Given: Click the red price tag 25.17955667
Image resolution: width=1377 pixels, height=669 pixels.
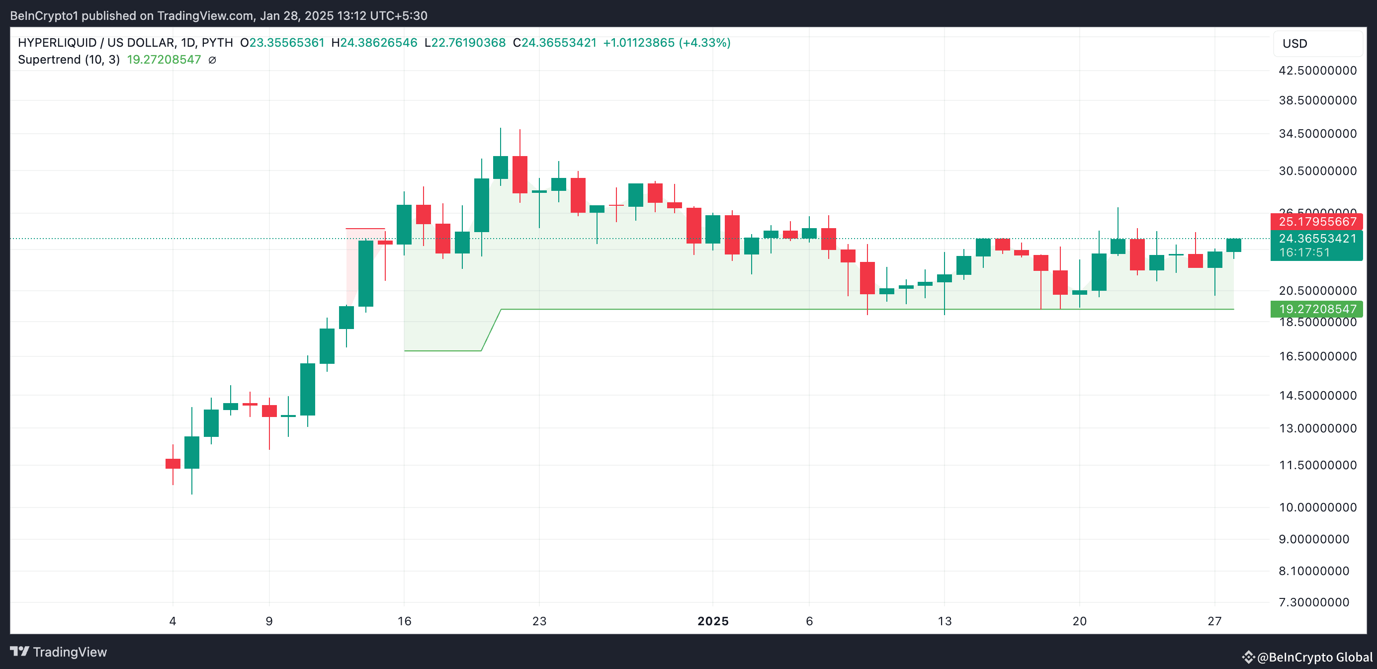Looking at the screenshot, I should pyautogui.click(x=1316, y=221).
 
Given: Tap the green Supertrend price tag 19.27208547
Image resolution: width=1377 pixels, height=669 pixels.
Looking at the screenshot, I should pyautogui.click(x=1316, y=309).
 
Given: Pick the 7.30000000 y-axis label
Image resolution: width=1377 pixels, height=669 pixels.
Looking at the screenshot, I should pyautogui.click(x=1313, y=602).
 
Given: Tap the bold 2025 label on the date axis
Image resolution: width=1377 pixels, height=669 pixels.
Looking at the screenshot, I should pyautogui.click(x=713, y=621).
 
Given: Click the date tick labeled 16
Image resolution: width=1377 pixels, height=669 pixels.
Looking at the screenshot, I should pyautogui.click(x=404, y=621).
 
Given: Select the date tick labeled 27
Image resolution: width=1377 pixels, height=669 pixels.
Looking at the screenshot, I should pyautogui.click(x=1214, y=621).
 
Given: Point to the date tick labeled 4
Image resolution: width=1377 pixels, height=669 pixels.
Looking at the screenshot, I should pyautogui.click(x=172, y=621).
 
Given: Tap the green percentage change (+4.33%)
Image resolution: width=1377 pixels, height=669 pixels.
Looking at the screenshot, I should pyautogui.click(x=704, y=43).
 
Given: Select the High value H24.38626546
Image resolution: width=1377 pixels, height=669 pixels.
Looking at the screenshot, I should pyautogui.click(x=374, y=43).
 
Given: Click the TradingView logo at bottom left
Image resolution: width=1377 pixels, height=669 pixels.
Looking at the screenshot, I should pyautogui.click(x=59, y=652).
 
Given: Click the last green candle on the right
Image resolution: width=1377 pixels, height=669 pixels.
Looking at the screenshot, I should pyautogui.click(x=1234, y=245).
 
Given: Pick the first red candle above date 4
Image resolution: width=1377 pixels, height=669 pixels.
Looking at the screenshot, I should pyautogui.click(x=172, y=463).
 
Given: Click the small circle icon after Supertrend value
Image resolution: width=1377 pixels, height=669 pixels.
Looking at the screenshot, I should pyautogui.click(x=212, y=60).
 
